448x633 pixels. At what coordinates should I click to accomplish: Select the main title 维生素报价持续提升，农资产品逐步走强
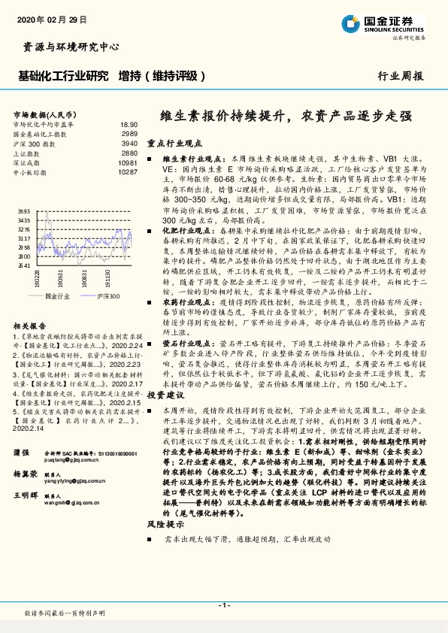286,117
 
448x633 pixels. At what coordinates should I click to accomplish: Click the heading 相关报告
28,325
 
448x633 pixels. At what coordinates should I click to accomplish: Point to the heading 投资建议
165,394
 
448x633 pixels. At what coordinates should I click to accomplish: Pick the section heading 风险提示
165,522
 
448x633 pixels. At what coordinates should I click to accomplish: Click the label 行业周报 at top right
400,76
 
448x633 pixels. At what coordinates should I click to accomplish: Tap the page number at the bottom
223,605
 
